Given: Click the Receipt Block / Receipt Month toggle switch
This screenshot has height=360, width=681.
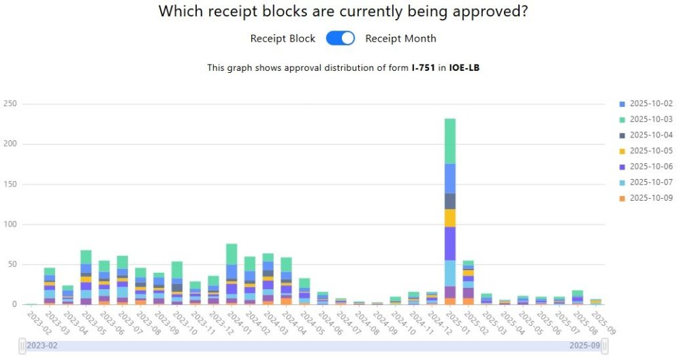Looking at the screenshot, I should (x=340, y=38).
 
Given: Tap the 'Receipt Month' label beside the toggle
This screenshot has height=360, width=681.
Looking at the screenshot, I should (x=400, y=38).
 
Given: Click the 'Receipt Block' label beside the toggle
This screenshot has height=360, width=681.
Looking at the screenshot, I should (x=283, y=38).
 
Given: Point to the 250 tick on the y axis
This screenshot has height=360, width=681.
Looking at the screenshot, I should (x=10, y=104).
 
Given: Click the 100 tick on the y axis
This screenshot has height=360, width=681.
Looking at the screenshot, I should (x=10, y=225).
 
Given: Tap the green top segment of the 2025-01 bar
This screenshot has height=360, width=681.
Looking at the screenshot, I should (x=450, y=141).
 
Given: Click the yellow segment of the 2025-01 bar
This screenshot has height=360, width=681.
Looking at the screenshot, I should (x=450, y=218).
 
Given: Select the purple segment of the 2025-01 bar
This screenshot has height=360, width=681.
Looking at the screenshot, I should (x=450, y=243).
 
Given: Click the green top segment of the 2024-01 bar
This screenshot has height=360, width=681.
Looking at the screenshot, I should (x=232, y=254).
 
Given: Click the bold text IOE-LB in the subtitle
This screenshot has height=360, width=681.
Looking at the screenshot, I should (x=464, y=68).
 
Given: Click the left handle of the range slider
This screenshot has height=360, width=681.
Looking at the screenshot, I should (x=22, y=345).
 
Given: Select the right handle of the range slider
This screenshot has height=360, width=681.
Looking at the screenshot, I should (x=605, y=345).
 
